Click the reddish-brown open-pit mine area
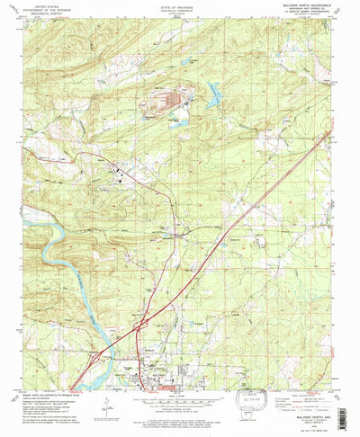[x=171, y=98]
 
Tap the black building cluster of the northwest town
[x=121, y=176]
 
